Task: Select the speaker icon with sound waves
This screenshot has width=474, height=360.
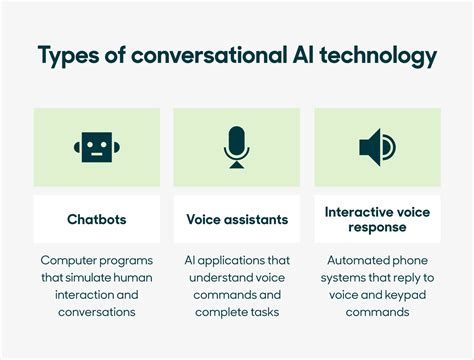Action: (377, 148)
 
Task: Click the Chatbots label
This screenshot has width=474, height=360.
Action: (97, 219)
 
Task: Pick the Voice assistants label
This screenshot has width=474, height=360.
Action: (237, 219)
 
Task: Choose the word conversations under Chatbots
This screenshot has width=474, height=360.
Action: (97, 312)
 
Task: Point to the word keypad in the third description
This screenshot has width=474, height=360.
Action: (396, 294)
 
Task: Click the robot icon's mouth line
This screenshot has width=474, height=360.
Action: (97, 155)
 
